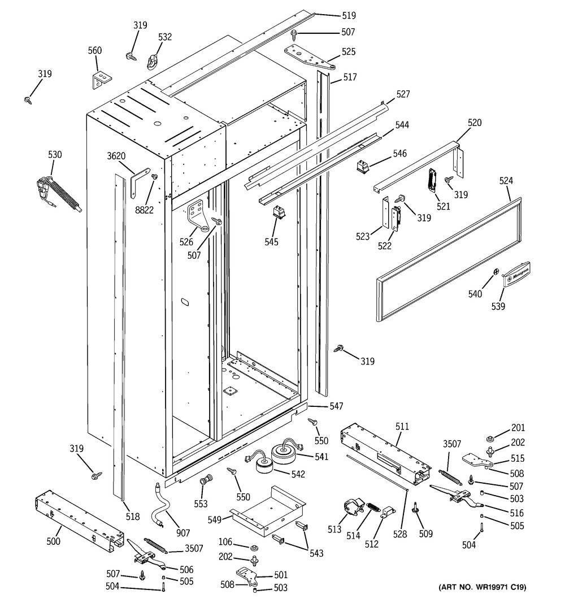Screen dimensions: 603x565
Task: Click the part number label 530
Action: [55, 155]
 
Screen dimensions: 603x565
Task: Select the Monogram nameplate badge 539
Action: [516, 274]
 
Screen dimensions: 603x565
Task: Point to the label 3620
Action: [117, 156]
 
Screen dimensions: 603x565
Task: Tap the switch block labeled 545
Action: [279, 212]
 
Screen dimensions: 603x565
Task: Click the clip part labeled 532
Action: [151, 59]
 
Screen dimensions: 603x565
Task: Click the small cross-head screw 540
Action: [496, 273]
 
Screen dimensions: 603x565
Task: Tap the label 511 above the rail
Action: [402, 426]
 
